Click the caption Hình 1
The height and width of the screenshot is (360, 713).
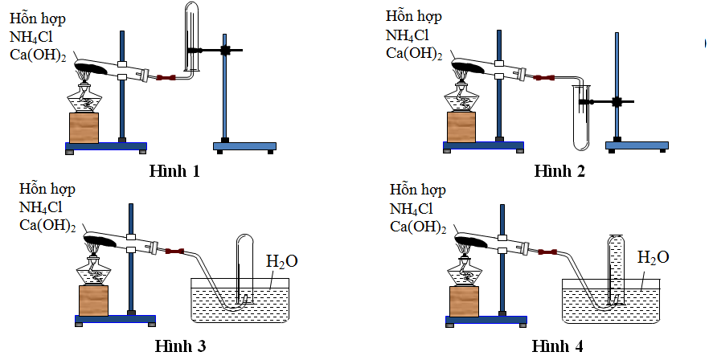(x=174, y=171)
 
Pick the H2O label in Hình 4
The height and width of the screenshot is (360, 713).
(x=653, y=259)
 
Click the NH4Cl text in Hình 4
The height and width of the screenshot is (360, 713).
(x=417, y=209)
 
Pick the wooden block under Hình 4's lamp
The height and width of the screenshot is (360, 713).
(x=464, y=301)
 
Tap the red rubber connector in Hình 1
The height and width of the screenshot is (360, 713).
(x=166, y=78)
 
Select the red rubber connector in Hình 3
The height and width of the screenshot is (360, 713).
(x=175, y=252)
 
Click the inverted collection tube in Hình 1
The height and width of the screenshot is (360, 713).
(x=191, y=36)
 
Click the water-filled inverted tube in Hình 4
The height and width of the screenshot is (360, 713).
(x=617, y=265)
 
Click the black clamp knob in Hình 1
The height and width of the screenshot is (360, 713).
(x=226, y=51)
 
